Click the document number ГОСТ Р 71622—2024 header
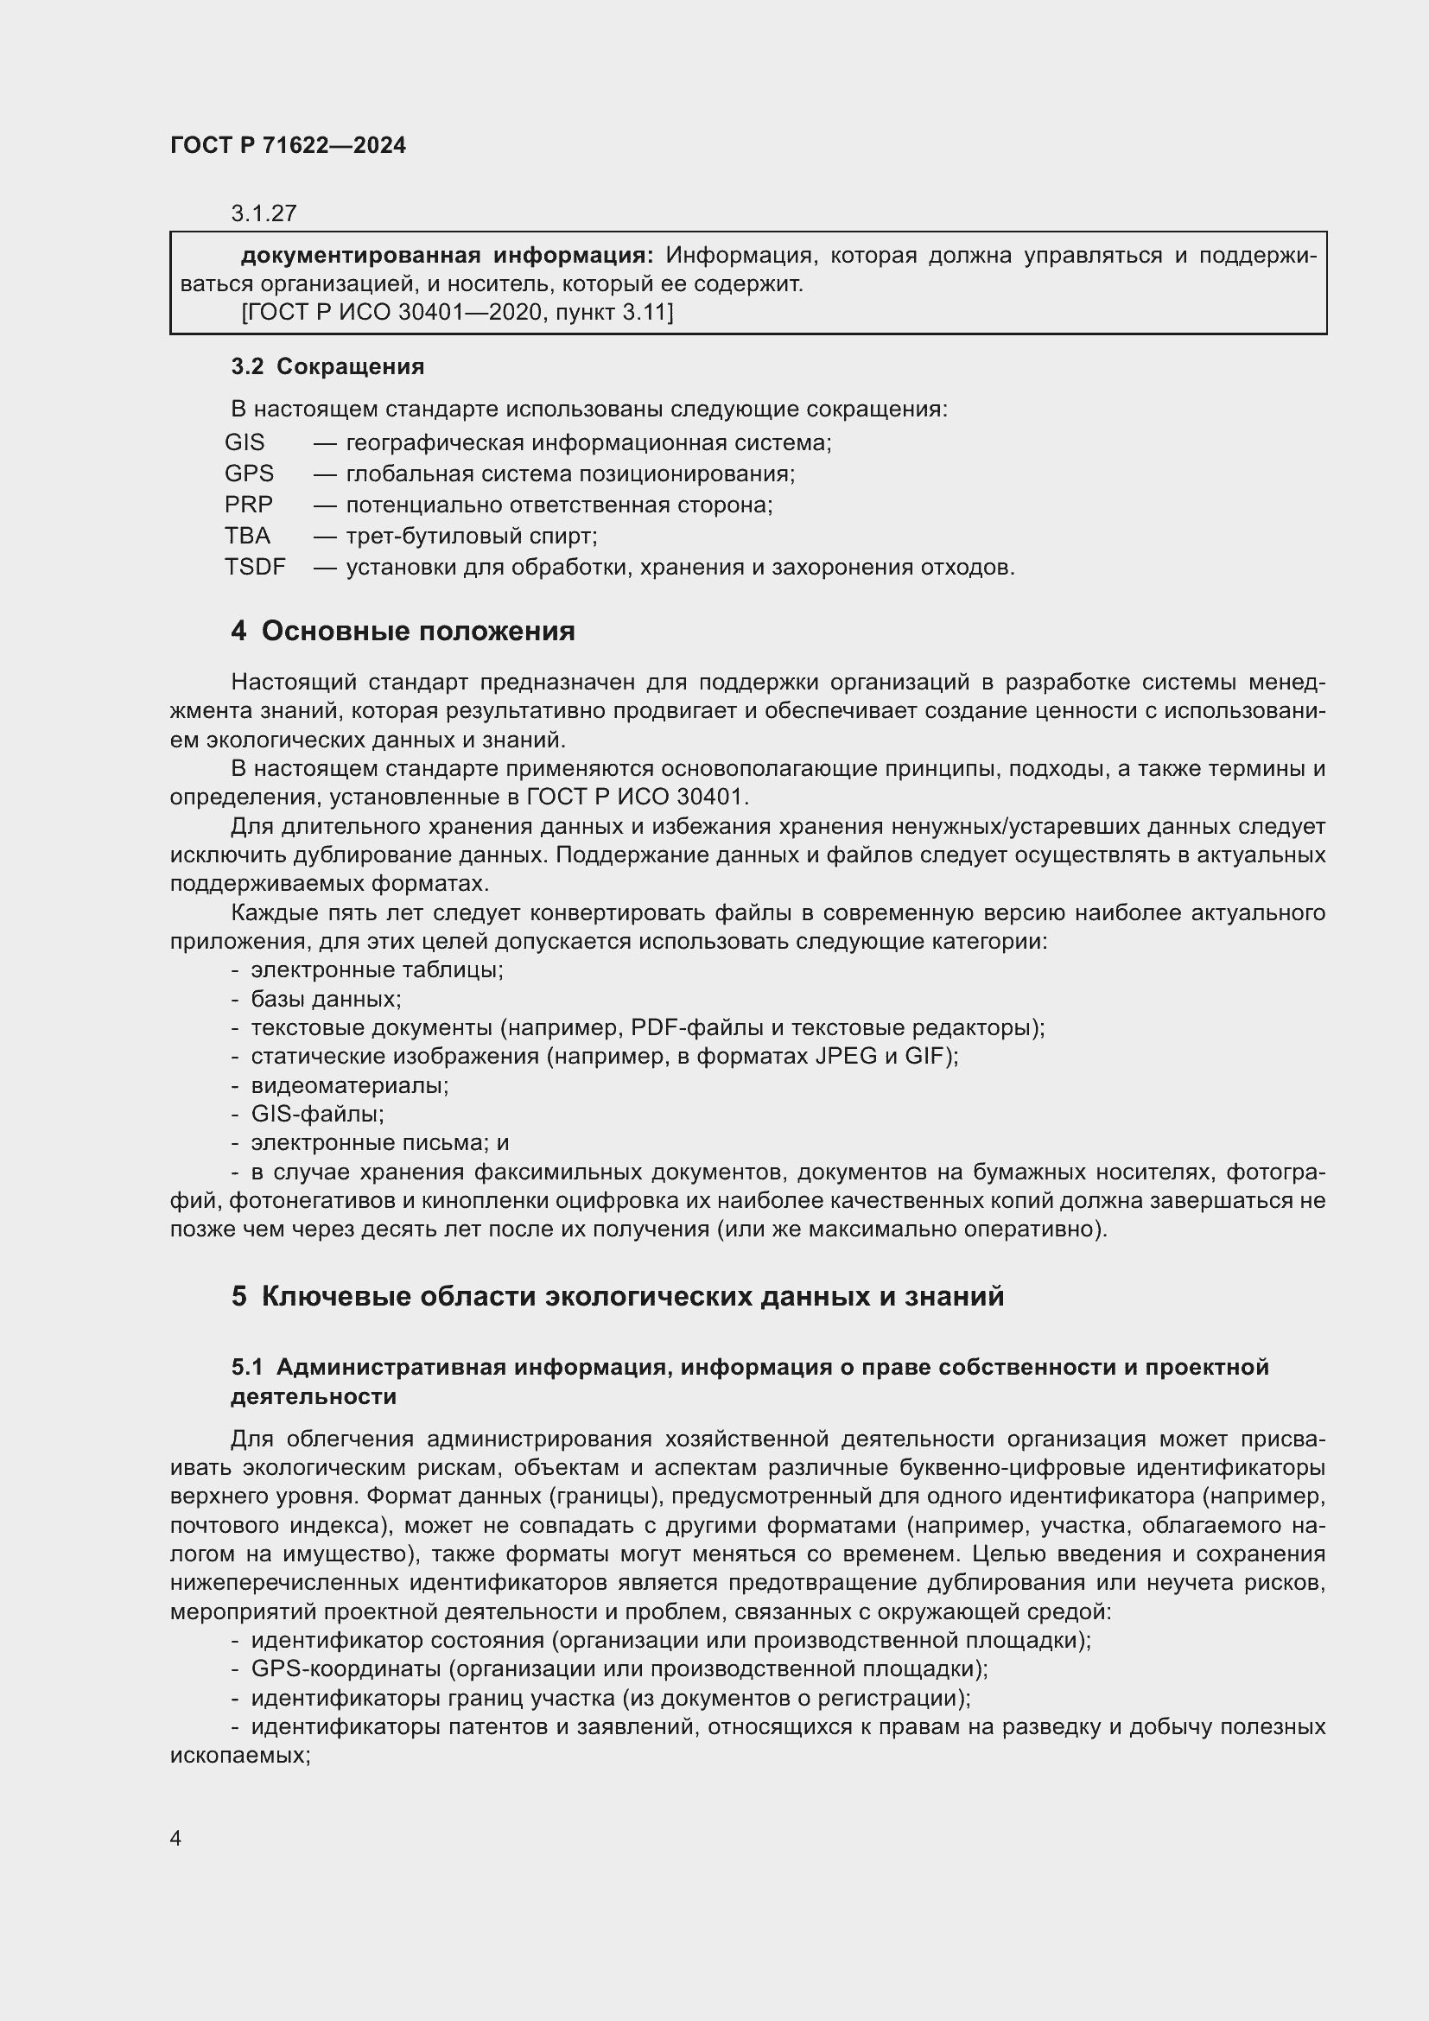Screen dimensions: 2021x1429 point(288,146)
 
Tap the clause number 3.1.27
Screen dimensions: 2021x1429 point(264,213)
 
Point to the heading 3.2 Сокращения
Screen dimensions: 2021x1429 point(327,367)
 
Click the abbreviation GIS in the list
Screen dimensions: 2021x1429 point(245,442)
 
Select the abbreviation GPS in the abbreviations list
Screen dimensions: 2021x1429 point(249,473)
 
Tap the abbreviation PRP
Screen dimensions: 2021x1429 point(249,505)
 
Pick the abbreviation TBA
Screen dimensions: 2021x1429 point(247,535)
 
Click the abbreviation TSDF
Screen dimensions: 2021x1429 point(255,567)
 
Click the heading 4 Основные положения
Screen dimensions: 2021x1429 point(403,631)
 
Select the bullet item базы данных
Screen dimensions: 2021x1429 point(326,999)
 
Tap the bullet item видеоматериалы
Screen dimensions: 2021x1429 point(349,1085)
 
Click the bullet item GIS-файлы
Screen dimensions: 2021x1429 point(317,1115)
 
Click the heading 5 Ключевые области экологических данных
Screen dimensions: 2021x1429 point(618,1297)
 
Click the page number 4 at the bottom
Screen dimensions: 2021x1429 point(175,1838)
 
